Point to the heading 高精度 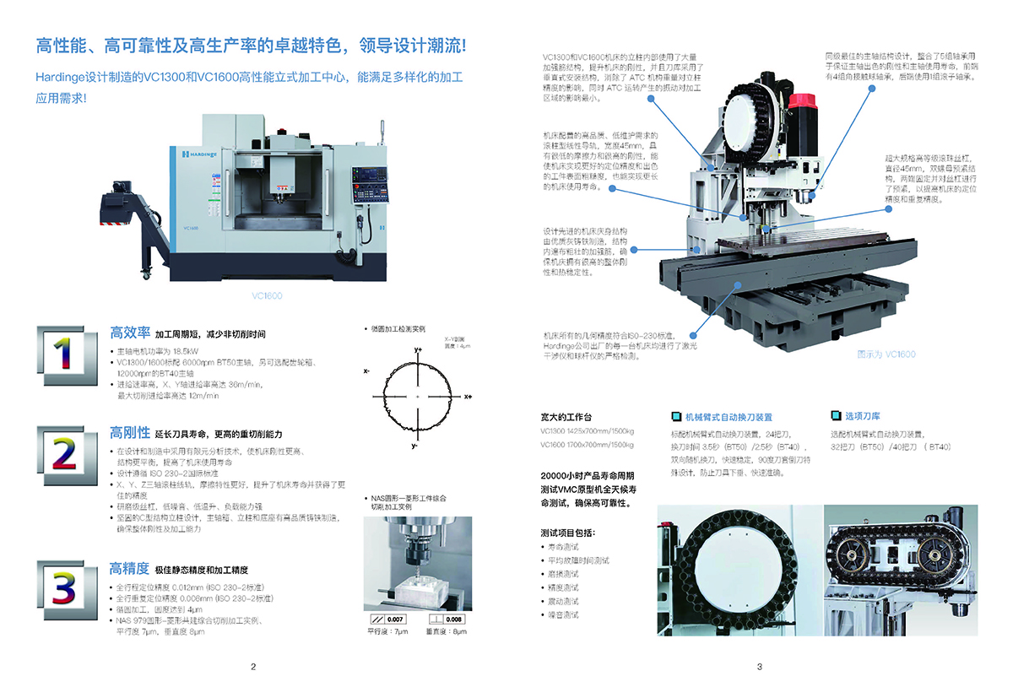pyautogui.click(x=130, y=568)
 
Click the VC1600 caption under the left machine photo pyautogui.click(x=267, y=296)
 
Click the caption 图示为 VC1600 pyautogui.click(x=886, y=354)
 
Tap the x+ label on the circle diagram pyautogui.click(x=469, y=396)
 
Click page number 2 pyautogui.click(x=253, y=667)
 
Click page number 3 pyautogui.click(x=760, y=667)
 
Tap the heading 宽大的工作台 pyautogui.click(x=566, y=417)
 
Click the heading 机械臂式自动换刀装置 pyautogui.click(x=728, y=417)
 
